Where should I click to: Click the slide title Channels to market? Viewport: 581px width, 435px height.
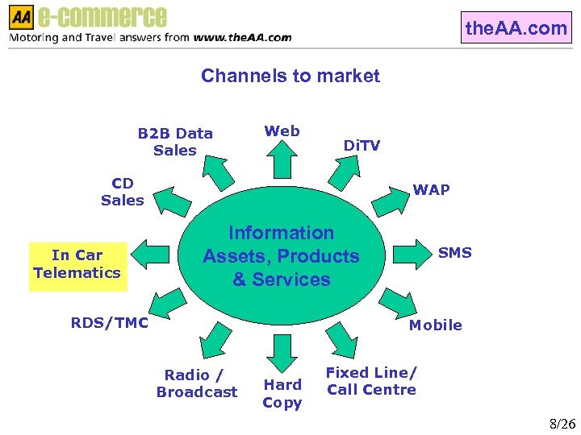coord(290,76)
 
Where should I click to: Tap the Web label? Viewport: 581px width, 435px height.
coord(282,130)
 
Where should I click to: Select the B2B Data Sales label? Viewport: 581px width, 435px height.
coord(175,142)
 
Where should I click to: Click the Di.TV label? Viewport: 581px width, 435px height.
coord(362,146)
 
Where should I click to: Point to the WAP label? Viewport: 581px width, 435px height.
coord(431,190)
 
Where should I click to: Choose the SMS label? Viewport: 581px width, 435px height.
coord(454,253)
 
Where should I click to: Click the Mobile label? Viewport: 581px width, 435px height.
coord(435,325)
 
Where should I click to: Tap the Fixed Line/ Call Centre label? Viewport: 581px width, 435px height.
coord(371,381)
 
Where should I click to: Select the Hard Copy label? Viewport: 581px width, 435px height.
coord(282,394)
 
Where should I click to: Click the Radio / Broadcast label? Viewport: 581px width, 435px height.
coord(197,383)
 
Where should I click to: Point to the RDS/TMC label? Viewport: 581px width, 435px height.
coord(110,323)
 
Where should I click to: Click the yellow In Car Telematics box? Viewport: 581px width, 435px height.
coord(77,264)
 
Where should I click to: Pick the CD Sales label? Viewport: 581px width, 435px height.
coord(123,192)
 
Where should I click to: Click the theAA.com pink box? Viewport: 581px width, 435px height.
coord(516,28)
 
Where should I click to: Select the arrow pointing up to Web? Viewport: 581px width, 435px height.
coord(282,159)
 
